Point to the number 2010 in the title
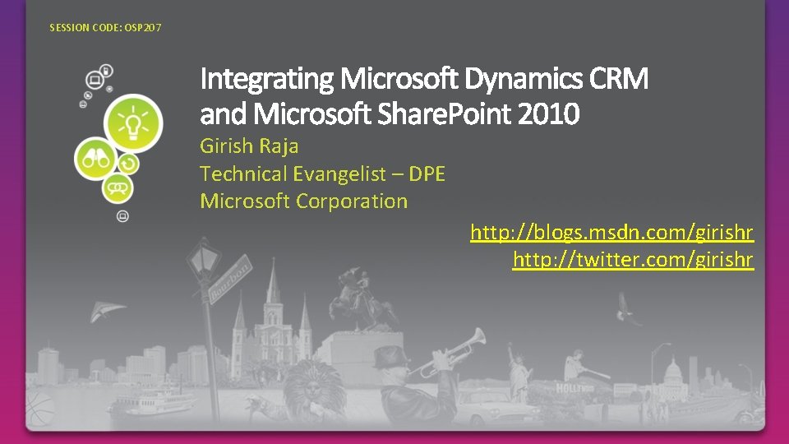click(548, 113)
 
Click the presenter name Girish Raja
click(249, 146)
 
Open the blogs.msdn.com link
click(611, 234)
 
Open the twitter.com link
click(632, 261)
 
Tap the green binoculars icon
click(95, 160)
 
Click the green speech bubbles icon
click(118, 189)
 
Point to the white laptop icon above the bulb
click(95, 80)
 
